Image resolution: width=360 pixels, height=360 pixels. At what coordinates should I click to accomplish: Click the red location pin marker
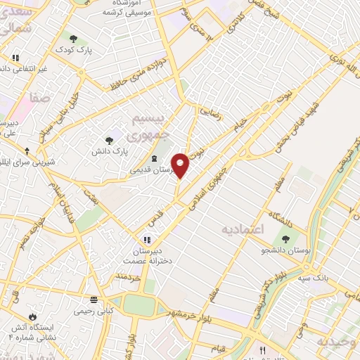pyautogui.click(x=181, y=165)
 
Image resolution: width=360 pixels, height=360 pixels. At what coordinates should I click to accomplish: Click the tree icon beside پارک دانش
pyautogui.click(x=108, y=141)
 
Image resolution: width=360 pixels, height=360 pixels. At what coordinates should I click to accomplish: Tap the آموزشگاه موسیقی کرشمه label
pyautogui.click(x=127, y=8)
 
